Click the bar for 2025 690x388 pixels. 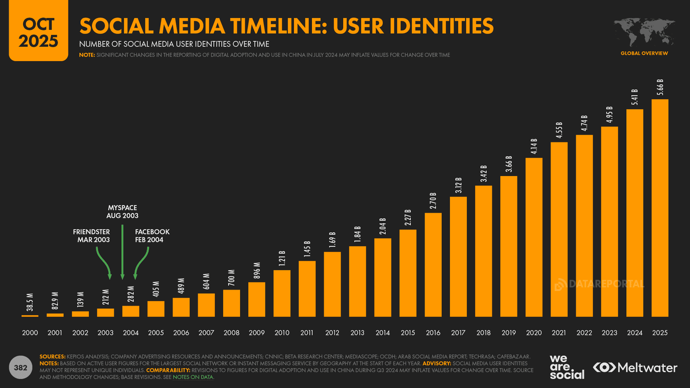660,208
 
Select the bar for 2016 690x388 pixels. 433,265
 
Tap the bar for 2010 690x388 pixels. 282,293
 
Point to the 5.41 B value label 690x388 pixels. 635,97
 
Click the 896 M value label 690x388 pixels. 257,271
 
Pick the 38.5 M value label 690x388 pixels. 30,302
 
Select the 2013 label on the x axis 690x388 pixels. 357,333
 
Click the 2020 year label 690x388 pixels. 534,333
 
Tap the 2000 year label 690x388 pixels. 30,333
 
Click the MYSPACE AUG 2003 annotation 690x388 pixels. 122,212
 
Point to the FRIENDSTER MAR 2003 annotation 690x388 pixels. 92,236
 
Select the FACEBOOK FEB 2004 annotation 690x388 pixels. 152,236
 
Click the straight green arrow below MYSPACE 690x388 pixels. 122,252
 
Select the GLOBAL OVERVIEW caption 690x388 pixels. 644,53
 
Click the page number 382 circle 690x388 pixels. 21,368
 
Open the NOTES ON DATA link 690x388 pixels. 193,377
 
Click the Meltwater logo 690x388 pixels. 635,368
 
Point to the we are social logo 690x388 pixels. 567,367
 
